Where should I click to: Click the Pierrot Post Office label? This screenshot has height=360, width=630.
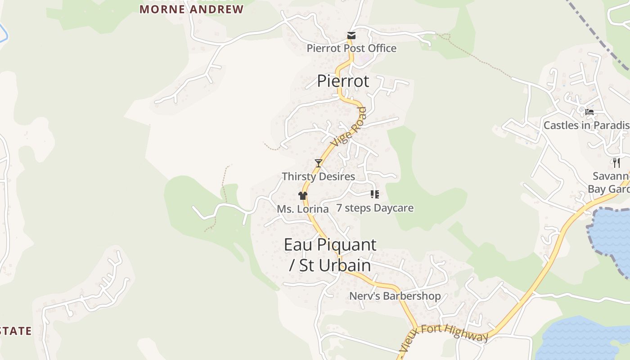click(x=351, y=48)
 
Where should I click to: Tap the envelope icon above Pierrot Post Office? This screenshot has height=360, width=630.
click(x=351, y=36)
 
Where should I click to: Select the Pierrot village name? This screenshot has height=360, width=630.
click(x=343, y=81)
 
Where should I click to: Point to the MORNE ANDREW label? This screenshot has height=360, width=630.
click(x=191, y=9)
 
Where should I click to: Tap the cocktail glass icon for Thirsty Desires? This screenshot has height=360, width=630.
click(x=319, y=163)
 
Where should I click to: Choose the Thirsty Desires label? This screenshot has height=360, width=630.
click(x=318, y=176)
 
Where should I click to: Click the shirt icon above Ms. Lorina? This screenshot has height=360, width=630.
click(x=302, y=196)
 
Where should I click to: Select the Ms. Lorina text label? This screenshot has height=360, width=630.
click(x=302, y=209)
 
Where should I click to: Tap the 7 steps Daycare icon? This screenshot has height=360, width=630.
click(x=374, y=194)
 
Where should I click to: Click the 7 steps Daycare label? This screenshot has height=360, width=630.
click(x=375, y=208)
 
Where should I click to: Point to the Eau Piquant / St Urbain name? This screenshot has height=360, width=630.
click(x=330, y=255)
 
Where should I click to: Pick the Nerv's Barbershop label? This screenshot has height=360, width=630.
click(x=395, y=296)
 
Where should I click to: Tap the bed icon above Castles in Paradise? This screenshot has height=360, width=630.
click(x=589, y=112)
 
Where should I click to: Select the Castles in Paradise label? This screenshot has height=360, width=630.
click(x=586, y=125)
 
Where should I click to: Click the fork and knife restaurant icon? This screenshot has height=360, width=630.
click(x=616, y=162)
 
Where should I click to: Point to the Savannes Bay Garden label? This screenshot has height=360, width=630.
click(x=610, y=182)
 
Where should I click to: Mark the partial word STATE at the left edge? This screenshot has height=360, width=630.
click(x=16, y=331)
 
